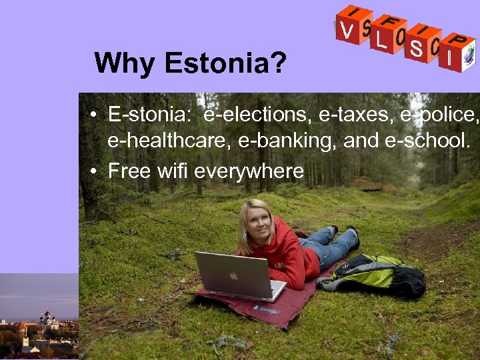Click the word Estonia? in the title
[x=226, y=64]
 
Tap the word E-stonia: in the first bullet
[x=149, y=115]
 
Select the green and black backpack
[x=377, y=274]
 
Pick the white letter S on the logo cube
[x=416, y=49]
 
